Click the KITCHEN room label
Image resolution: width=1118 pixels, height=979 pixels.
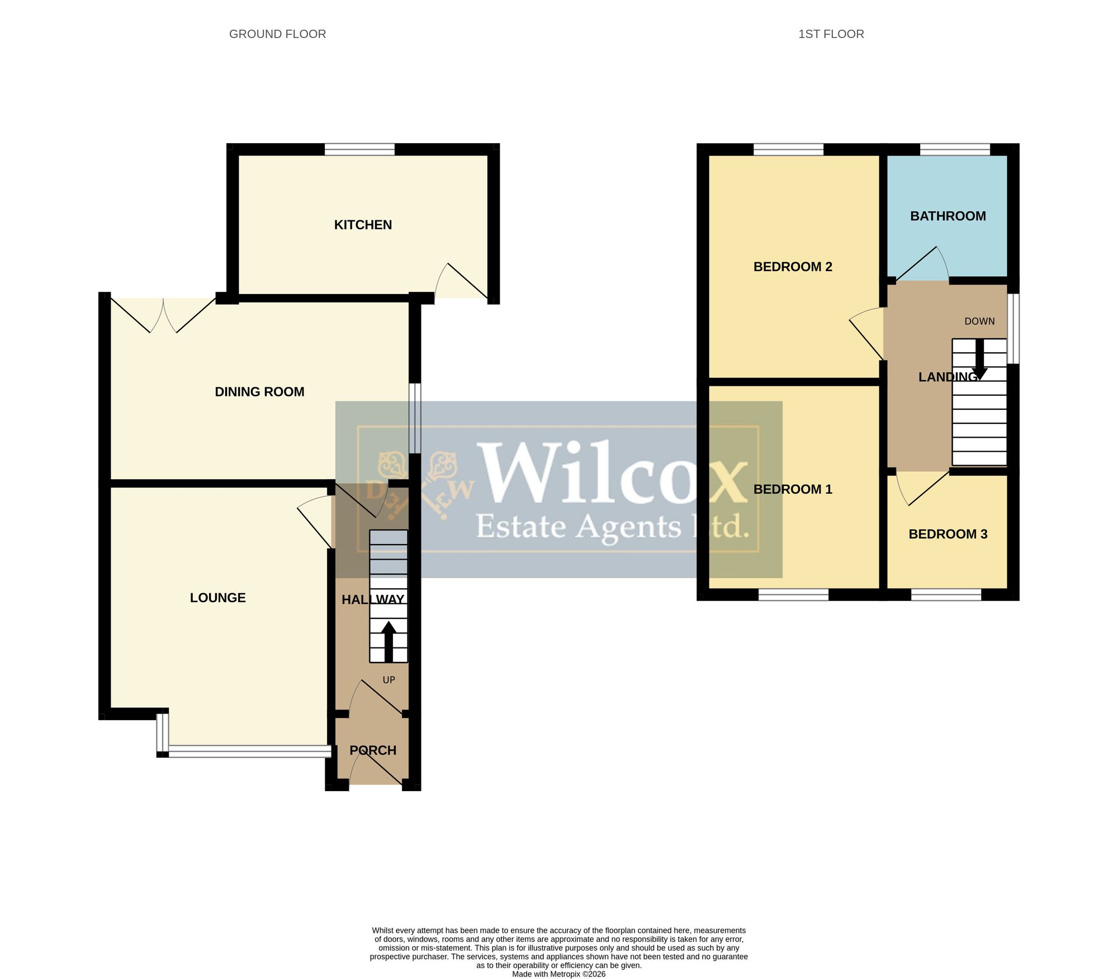coord(363,225)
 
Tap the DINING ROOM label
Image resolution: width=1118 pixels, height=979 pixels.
coord(259,392)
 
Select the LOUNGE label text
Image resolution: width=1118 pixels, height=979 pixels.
coord(217,598)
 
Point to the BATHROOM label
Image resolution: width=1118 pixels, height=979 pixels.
coord(948,216)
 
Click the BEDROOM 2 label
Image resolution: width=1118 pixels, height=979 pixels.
coord(793,267)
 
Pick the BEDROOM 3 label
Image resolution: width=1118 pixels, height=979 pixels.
coord(948,534)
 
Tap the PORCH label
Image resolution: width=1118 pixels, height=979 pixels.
coord(373,750)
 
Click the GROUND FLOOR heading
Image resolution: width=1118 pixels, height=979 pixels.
coord(277,34)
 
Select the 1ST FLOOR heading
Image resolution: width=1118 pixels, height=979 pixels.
coord(831,34)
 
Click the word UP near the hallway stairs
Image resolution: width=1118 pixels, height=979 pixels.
coord(389,680)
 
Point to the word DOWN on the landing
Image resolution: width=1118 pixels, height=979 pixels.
coord(979,321)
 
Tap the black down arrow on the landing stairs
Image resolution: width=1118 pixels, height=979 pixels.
coord(979,359)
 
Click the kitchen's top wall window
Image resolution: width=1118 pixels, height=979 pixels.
coord(359,149)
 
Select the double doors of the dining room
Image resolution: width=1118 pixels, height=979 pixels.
coord(163,315)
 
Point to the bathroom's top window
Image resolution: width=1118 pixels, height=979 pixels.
coord(955,149)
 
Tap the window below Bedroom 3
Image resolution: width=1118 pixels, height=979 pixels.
coord(946,595)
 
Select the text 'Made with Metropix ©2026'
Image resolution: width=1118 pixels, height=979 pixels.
coord(558,973)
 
